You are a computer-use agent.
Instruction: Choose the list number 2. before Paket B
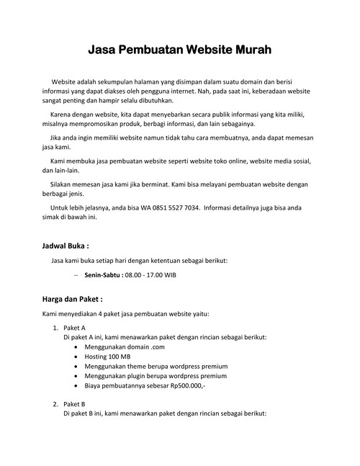[x=56, y=404]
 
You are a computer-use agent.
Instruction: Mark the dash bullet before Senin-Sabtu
[x=76, y=275]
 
